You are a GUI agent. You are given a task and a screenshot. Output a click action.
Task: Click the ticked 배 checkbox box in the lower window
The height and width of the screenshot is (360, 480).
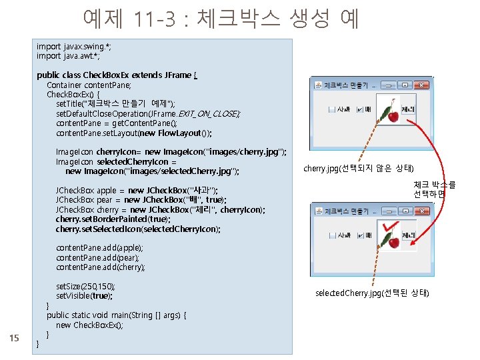(x=360, y=235)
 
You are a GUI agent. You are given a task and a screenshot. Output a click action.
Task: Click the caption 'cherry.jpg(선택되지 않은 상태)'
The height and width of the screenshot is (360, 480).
(x=358, y=167)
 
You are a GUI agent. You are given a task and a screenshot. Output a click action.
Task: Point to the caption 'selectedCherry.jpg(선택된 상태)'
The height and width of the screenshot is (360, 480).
(x=372, y=293)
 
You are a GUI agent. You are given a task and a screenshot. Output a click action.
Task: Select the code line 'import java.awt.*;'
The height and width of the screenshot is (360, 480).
(x=68, y=56)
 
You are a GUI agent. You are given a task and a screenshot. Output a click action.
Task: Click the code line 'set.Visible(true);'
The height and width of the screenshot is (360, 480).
(x=84, y=296)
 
